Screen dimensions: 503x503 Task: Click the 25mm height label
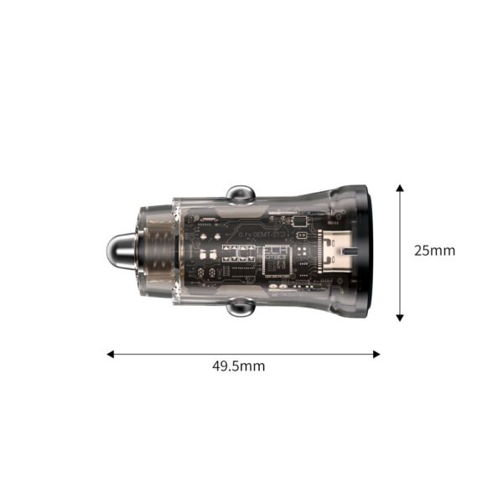point(434,250)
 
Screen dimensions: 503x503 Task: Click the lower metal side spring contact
point(240,309)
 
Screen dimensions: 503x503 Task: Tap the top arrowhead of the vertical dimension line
point(400,188)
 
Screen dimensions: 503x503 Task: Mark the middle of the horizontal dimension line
point(243,354)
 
